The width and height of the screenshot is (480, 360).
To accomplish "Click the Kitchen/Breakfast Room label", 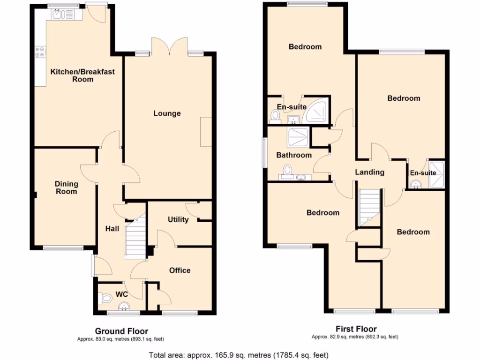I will pyautogui.click(x=82, y=75).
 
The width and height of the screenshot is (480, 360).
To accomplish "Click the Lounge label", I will pyautogui.click(x=166, y=113).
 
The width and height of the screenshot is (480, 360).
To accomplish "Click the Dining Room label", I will pyautogui.click(x=66, y=187).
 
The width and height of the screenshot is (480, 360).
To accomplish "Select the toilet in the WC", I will pyautogui.click(x=106, y=297).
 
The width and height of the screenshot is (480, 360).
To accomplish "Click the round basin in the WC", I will pyautogui.click(x=125, y=307).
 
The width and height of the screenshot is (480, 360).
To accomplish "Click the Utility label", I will pyautogui.click(x=178, y=219).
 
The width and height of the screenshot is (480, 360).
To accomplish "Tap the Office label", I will pyautogui.click(x=180, y=270).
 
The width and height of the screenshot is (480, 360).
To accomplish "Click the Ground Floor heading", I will pyautogui.click(x=121, y=331).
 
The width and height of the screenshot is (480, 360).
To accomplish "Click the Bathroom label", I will pyautogui.click(x=293, y=155).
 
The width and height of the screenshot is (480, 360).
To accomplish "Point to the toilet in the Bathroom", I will pyautogui.click(x=287, y=170).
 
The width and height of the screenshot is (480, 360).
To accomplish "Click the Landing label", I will pyautogui.click(x=369, y=172).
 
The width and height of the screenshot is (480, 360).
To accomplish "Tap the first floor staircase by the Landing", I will pyautogui.click(x=369, y=206).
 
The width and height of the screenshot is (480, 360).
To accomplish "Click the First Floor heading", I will pyautogui.click(x=356, y=329).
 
